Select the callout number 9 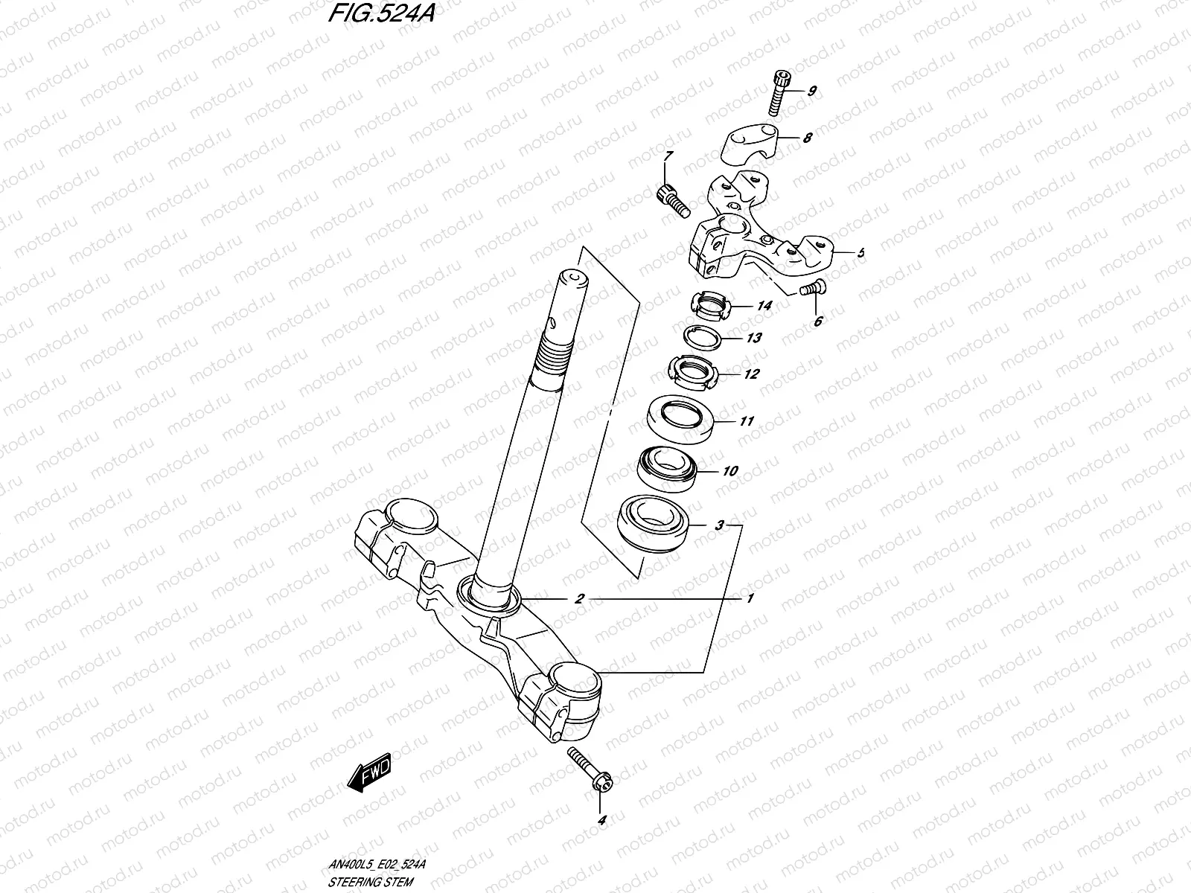click(x=811, y=91)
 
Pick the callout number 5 click(x=860, y=253)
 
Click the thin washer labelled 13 click(x=704, y=336)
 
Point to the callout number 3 click(x=718, y=525)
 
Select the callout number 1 click(x=750, y=598)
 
